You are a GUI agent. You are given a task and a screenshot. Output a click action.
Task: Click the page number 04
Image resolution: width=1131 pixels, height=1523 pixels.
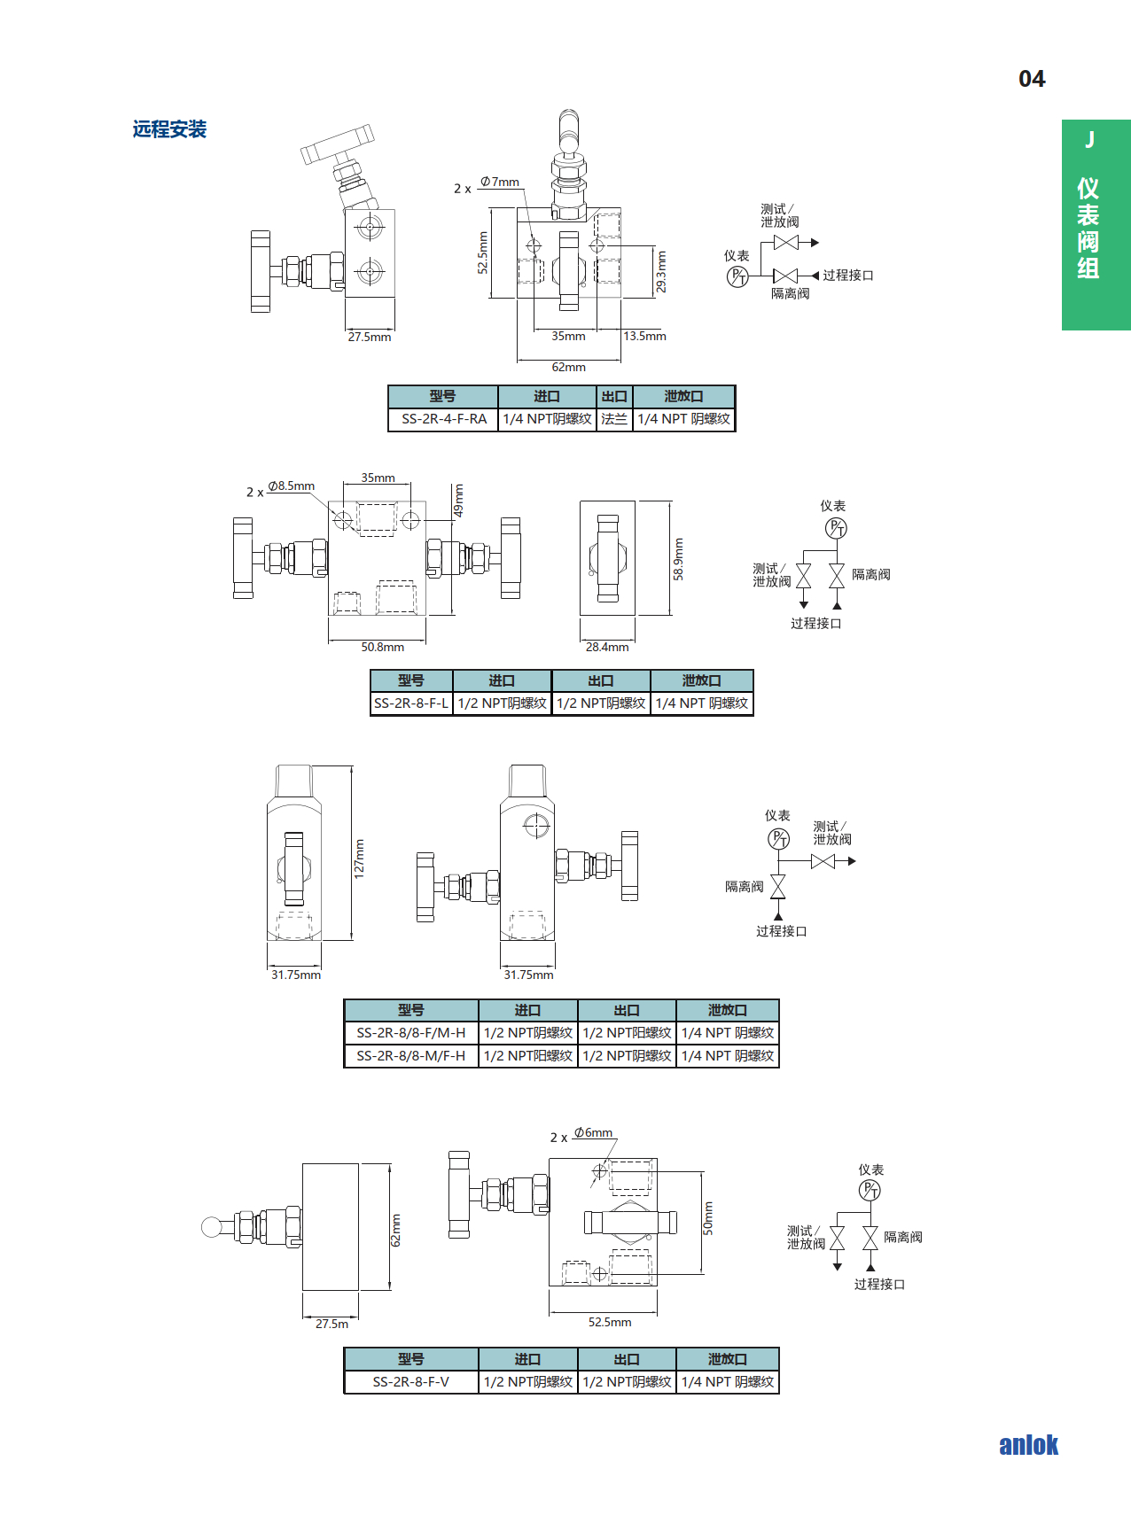coord(1032,79)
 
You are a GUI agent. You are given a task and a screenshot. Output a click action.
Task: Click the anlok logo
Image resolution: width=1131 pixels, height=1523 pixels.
coord(1028,1445)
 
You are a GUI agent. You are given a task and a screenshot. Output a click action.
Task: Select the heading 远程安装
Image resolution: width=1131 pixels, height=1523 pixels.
coord(169,129)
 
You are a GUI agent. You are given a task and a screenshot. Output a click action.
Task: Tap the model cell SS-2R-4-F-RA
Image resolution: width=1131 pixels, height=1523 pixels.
coord(444,419)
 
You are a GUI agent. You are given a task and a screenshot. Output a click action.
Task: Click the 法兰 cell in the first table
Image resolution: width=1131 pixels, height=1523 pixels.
coord(614,419)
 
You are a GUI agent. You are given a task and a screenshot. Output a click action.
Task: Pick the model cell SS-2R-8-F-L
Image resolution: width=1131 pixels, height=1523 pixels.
coord(411,703)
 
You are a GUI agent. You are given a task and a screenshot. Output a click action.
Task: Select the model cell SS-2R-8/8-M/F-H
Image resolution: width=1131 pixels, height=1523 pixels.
coord(411,1056)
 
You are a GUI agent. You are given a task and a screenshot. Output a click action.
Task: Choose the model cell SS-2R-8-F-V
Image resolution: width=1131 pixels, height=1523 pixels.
coord(411,1382)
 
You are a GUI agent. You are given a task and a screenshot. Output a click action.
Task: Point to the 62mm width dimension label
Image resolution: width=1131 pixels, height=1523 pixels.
coord(568,367)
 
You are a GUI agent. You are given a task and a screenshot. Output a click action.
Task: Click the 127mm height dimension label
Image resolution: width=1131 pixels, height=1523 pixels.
coord(359,858)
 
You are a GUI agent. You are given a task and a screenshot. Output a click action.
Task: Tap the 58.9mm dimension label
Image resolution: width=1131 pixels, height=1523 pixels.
coord(678,559)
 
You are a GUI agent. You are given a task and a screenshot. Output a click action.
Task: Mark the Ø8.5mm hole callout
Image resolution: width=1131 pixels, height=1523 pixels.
coord(292,486)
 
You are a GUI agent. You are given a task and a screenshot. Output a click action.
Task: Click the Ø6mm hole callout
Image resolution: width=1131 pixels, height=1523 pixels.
coord(593,1132)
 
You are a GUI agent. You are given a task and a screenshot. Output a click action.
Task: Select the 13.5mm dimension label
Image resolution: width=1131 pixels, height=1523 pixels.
coord(644,337)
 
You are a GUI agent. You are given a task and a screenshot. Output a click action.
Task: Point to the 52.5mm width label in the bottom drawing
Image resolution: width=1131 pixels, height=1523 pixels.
coord(610,1322)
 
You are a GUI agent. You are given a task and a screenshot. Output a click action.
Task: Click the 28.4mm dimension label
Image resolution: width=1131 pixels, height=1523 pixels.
coord(607,647)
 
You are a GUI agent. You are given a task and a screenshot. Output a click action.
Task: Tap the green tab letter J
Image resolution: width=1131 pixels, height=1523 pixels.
coord(1090,140)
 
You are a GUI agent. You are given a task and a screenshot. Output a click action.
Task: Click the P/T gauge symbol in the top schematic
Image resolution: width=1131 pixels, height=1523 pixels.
coord(737,277)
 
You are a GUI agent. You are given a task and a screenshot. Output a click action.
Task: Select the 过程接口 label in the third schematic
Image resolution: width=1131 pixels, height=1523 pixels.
coord(781,931)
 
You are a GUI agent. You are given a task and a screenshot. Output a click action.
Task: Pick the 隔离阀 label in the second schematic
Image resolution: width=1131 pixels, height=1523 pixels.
coord(870,574)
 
